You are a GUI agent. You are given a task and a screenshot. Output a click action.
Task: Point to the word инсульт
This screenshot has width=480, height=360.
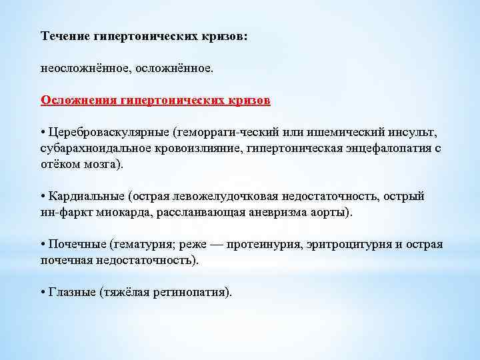415,132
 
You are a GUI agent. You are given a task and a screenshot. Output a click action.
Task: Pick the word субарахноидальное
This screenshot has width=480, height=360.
90,148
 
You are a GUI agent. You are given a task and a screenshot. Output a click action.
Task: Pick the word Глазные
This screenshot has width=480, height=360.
71,292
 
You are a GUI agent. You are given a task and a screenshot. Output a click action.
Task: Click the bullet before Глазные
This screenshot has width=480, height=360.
43,292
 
